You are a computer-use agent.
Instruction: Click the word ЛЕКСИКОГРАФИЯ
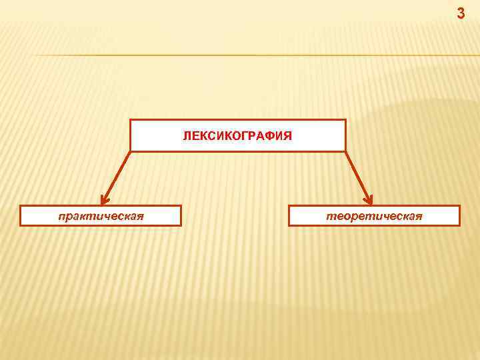pos(237,136)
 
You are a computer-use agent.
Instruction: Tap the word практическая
pos(101,216)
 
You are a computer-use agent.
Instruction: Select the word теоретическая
pos(374,216)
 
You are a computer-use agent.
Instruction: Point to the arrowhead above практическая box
pos(105,199)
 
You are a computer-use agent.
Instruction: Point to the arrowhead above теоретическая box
pos(369,199)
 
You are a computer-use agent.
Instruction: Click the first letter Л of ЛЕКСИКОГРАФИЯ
pos(187,136)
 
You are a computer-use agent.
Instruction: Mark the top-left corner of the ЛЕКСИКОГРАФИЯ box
pos(131,120)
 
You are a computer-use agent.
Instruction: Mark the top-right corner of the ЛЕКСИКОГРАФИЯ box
pos(345,120)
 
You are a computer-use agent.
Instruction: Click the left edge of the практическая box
pos(21,216)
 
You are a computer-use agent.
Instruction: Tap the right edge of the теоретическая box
pos(459,216)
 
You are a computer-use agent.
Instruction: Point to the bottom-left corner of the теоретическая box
pos(289,225)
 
